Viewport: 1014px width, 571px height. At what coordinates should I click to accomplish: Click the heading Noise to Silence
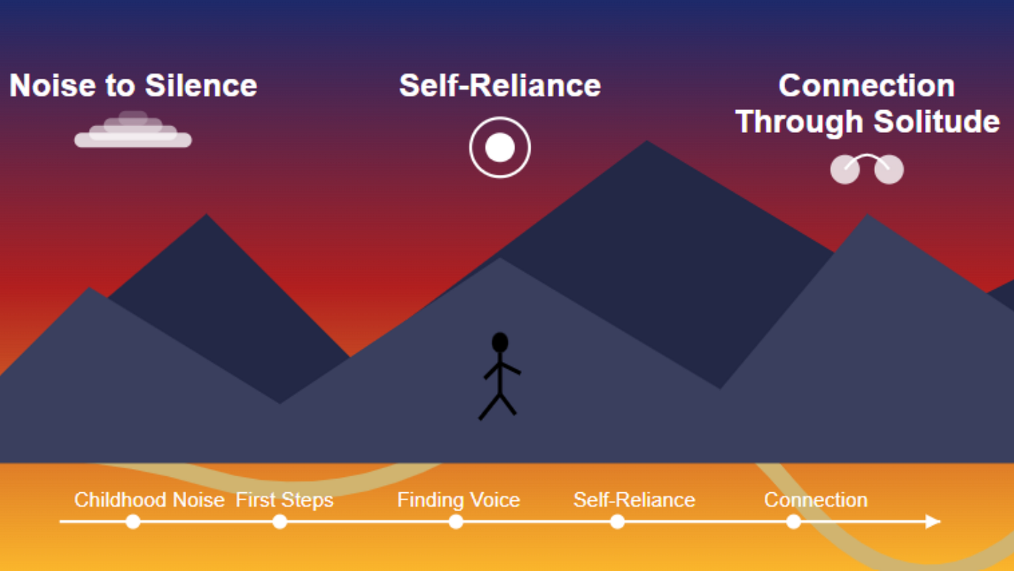[x=133, y=85]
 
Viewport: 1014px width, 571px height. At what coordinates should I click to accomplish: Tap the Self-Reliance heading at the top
[x=500, y=85]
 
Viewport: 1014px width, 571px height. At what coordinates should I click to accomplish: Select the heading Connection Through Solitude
[x=868, y=103]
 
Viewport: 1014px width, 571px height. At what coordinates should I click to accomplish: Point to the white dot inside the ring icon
[x=500, y=148]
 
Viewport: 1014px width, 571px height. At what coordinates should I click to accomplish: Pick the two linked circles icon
[x=867, y=169]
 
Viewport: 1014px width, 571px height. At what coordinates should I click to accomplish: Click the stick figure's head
[x=500, y=342]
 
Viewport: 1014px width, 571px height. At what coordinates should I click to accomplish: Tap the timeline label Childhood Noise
[x=149, y=500]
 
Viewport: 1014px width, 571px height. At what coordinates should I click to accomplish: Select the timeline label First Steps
[x=284, y=500]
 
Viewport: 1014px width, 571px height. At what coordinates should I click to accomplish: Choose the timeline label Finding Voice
[x=458, y=500]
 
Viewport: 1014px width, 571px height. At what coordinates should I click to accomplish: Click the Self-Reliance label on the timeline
[x=634, y=500]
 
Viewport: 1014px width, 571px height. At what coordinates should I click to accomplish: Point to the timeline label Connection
[x=816, y=500]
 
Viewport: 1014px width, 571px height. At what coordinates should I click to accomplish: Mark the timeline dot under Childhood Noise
[x=133, y=522]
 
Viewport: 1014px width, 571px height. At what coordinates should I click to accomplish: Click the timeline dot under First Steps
[x=280, y=522]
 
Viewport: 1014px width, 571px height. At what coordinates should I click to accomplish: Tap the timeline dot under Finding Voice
[x=456, y=522]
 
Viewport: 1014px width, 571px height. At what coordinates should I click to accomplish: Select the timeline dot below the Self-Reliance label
[x=617, y=522]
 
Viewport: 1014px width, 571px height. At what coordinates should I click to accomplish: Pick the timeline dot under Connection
[x=794, y=522]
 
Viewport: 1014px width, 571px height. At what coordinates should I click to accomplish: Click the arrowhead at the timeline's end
[x=933, y=522]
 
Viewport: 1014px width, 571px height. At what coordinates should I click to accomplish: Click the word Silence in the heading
[x=201, y=85]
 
